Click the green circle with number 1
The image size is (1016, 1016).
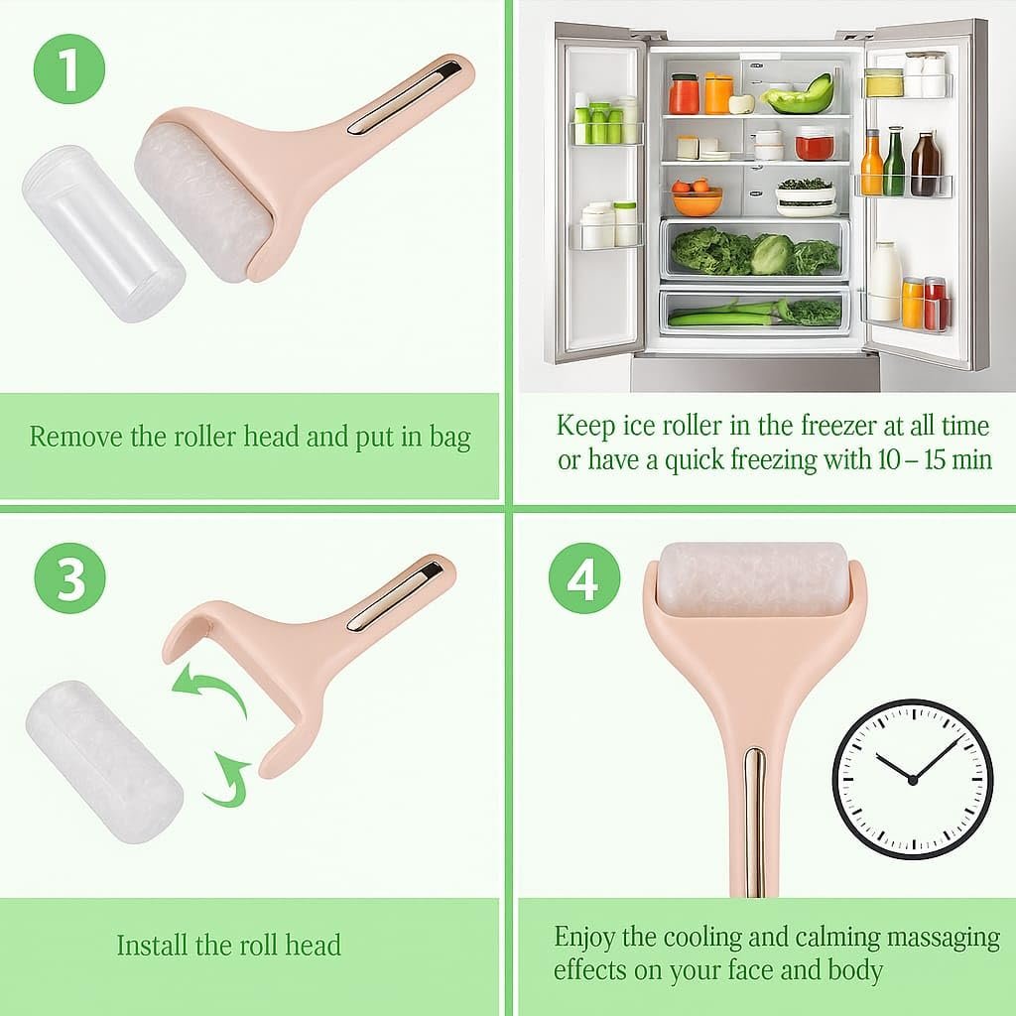point(69,69)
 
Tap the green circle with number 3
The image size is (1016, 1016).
point(70,578)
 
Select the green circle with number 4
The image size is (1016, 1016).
point(583,578)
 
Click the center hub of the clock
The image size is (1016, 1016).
point(913,780)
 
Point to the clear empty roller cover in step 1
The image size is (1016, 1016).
point(103,233)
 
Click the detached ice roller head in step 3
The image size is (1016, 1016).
point(104,762)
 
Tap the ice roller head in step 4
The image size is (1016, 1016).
point(753,579)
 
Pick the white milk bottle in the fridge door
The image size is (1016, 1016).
point(885,282)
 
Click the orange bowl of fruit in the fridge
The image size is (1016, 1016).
point(697,198)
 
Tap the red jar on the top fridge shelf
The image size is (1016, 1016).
point(684,94)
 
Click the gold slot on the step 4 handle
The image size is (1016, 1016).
point(754,823)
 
